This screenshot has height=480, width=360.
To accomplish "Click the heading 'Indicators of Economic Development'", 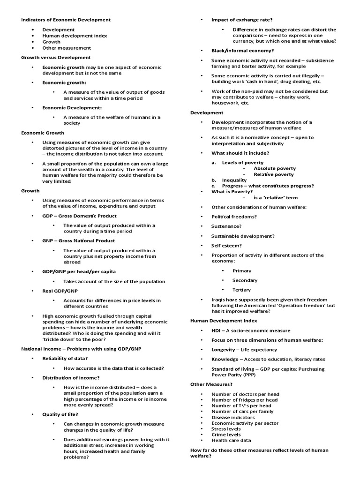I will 66,20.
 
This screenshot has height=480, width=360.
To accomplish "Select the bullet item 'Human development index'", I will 75,36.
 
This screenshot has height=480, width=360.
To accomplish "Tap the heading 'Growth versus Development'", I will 56,57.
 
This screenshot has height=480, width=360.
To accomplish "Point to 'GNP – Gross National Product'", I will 78,240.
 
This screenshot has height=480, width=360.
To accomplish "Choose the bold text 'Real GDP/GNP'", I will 60,291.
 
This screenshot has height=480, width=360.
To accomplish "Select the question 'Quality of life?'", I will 60,414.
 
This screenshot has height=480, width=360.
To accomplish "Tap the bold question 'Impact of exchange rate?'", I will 242,20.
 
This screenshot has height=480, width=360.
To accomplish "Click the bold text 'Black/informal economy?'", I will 242,51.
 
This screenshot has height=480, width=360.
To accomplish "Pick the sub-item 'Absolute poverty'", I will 275,168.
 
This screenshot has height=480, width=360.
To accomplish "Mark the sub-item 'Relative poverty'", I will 274,174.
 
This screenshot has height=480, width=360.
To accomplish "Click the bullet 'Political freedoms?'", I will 234,217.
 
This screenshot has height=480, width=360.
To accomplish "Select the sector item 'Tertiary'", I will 242,290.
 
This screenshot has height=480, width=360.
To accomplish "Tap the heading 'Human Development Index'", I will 224,321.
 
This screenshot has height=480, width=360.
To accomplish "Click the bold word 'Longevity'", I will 223,349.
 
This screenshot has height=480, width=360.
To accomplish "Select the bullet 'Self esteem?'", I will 226,246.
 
